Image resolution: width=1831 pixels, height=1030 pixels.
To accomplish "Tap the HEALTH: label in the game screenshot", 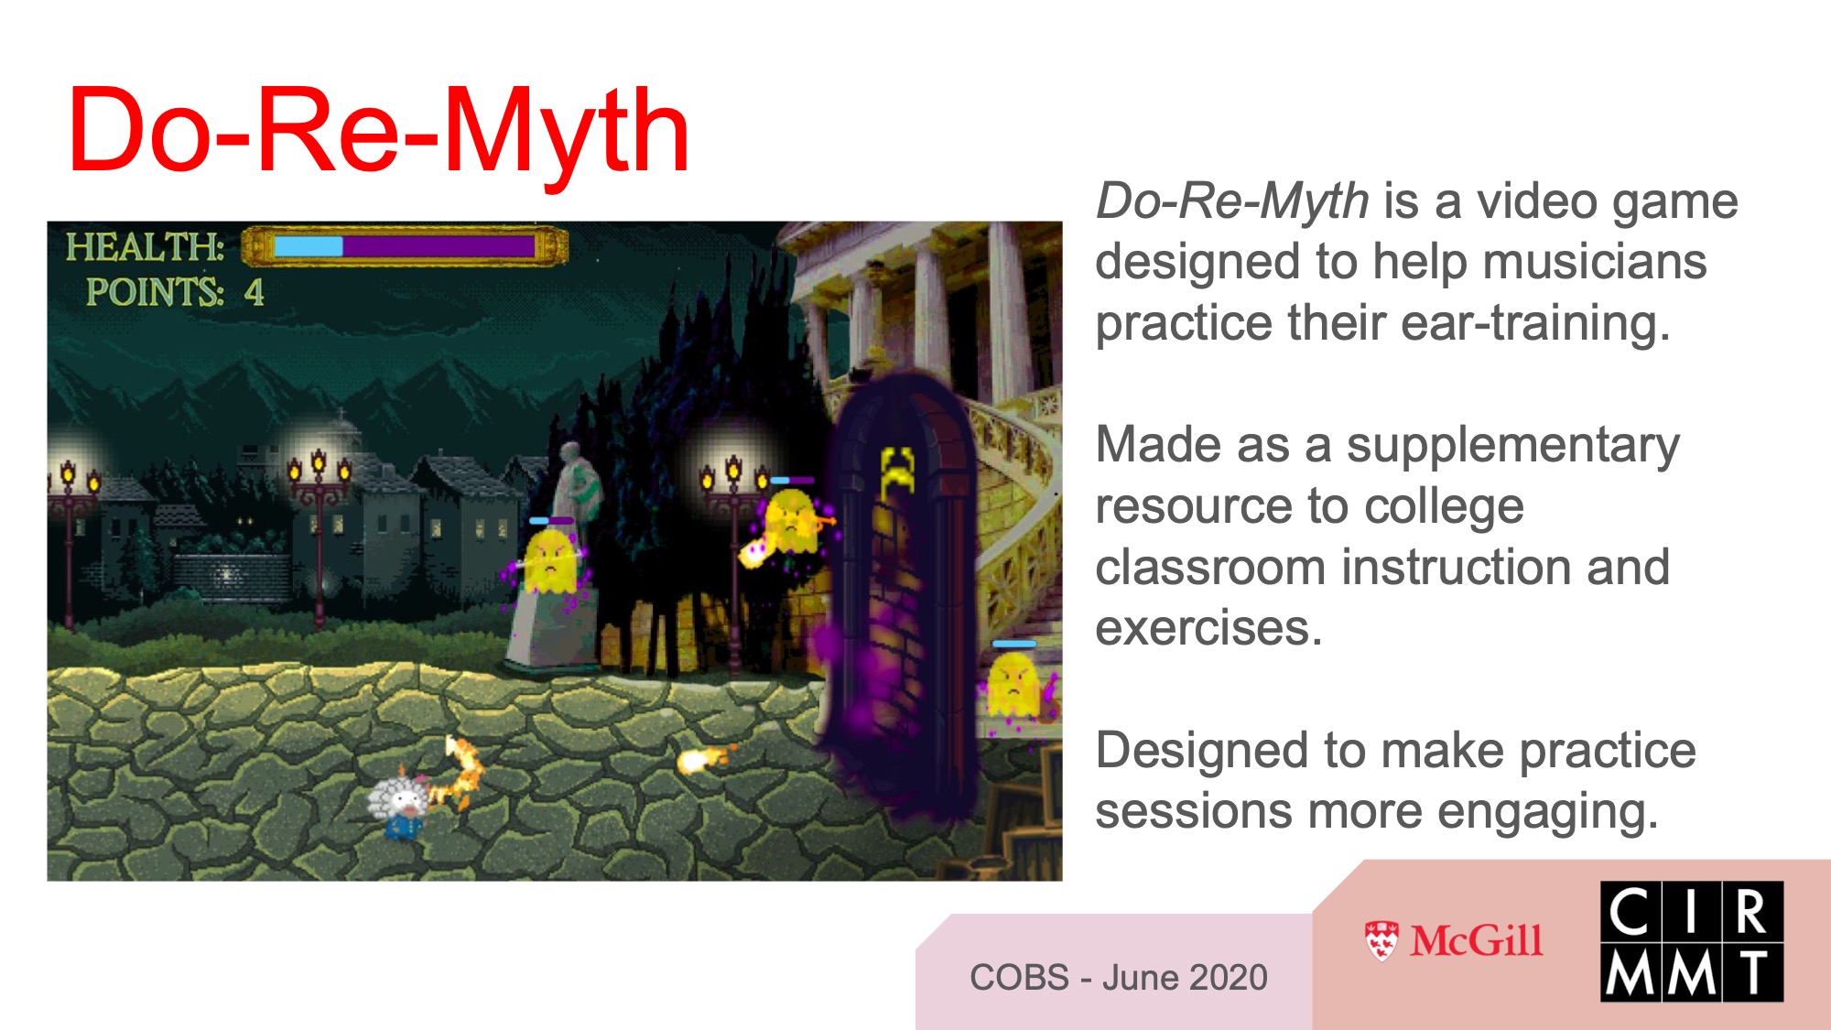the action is click(145, 247).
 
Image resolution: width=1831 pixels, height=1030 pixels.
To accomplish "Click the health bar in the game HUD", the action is click(405, 246).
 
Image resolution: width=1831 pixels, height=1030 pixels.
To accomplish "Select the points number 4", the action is click(254, 293).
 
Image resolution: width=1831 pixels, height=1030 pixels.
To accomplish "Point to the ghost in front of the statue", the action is click(549, 560).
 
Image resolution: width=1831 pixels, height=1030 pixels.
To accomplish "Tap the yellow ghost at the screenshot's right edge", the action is click(1015, 685).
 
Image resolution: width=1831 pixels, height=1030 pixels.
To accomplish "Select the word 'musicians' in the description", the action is click(1595, 262).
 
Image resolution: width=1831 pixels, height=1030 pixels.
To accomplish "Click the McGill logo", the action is click(1454, 940).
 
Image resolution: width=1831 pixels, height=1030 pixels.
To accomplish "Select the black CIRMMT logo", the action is click(1692, 941).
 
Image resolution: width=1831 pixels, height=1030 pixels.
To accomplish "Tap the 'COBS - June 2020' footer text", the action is click(1119, 978).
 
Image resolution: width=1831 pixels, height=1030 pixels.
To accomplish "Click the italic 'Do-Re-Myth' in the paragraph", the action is click(1232, 201).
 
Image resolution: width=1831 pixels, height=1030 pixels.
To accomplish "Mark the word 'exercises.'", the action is click(1208, 629).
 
